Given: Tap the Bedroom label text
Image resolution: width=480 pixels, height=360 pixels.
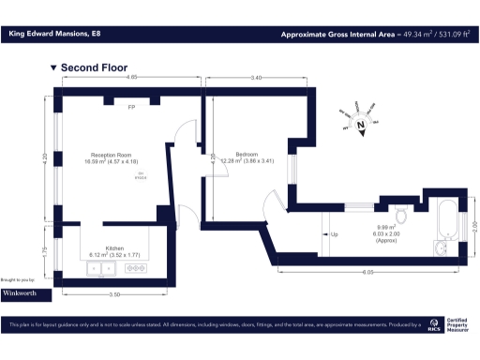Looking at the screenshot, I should pos(247,154).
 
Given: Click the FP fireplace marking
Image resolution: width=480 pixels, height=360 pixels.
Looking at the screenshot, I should pos(131,108).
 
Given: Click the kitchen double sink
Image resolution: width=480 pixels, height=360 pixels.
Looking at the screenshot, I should pos(101,268).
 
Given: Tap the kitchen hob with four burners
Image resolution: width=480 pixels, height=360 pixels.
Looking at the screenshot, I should pos(135,268).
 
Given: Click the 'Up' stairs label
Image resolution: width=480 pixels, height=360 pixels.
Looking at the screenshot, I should pos(335,233).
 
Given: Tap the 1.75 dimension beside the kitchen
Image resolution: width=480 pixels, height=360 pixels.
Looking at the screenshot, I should pos(45,251).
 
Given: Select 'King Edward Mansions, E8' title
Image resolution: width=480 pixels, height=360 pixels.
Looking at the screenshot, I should pos(52,35).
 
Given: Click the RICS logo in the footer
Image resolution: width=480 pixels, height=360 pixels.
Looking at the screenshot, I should pos(433,326).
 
